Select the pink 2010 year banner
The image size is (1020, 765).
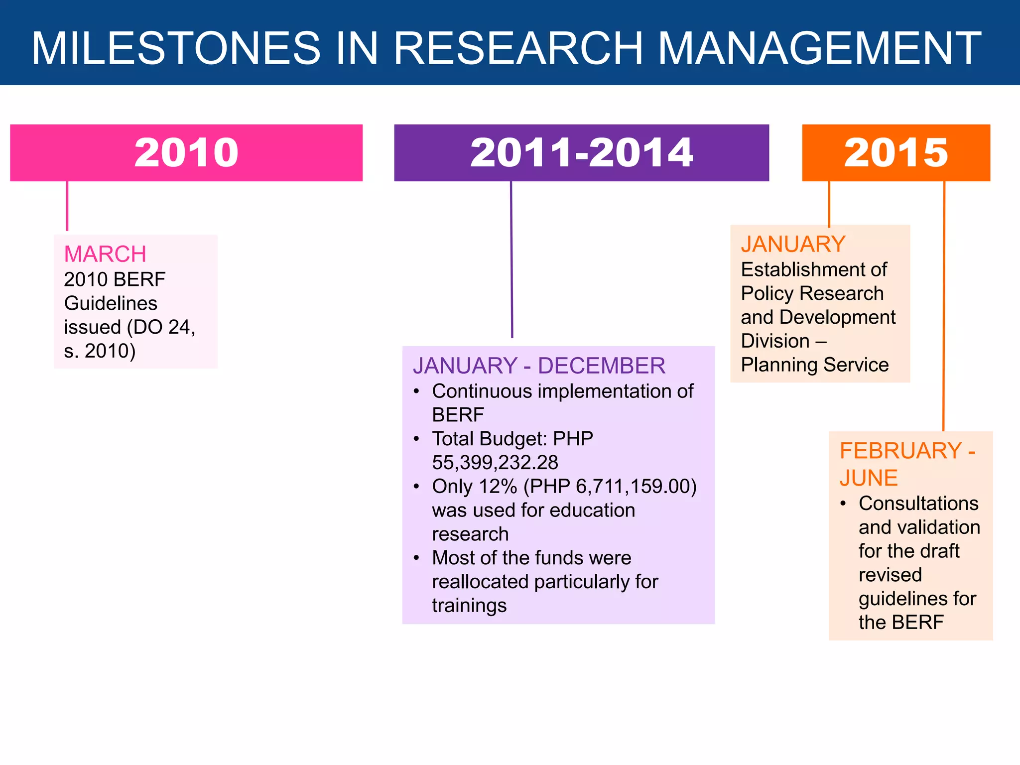(x=186, y=152)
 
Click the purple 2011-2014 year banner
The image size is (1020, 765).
(x=581, y=152)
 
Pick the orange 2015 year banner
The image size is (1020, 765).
(x=895, y=152)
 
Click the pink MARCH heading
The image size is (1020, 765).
(x=105, y=254)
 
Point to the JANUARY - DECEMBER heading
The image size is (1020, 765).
(x=539, y=366)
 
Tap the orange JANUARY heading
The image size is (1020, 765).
(x=793, y=244)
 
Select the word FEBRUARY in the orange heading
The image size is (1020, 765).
(x=900, y=451)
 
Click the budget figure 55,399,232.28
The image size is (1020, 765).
(x=495, y=463)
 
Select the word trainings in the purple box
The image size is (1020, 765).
(x=469, y=606)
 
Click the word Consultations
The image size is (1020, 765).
(x=918, y=504)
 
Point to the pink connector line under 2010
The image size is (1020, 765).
(x=67, y=206)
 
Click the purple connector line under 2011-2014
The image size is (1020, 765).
(x=511, y=259)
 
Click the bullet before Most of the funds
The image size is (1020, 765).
(x=416, y=558)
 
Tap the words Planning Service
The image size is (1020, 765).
(x=814, y=365)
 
